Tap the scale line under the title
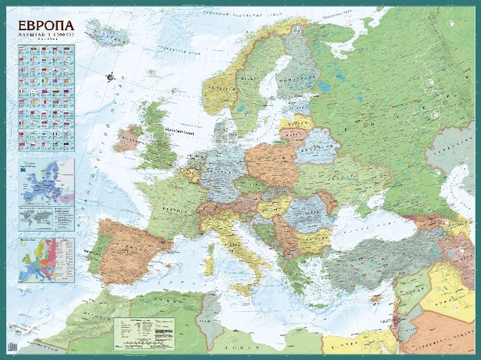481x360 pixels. [x=45, y=35]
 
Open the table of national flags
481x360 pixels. [x=46, y=96]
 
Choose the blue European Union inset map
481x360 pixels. [x=46, y=180]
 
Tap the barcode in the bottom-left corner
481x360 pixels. [x=11, y=346]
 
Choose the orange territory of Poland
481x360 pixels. [x=271, y=162]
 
